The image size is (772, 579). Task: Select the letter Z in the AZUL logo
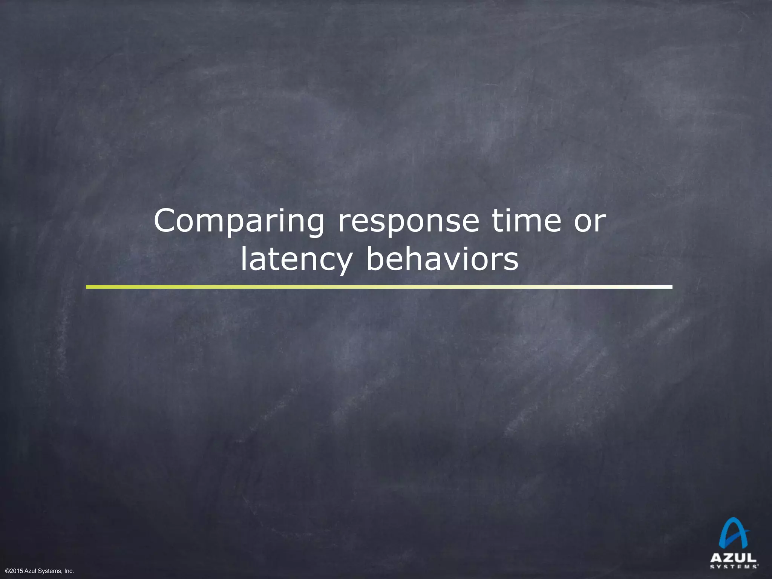tap(728, 558)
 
